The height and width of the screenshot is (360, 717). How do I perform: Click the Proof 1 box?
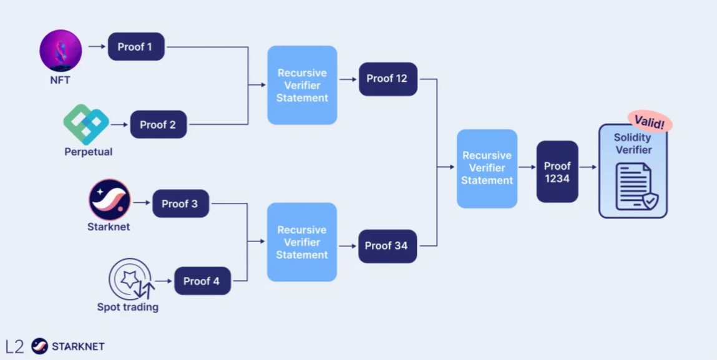tap(136, 47)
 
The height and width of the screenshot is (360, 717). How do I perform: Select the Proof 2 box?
tap(158, 125)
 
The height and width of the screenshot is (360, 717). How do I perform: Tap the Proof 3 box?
tap(180, 204)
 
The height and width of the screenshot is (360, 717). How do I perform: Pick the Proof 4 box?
tap(202, 281)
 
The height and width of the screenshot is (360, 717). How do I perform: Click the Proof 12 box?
tap(388, 79)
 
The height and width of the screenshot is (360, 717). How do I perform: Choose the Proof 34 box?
tap(387, 246)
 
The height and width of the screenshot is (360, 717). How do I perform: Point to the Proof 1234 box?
tap(557, 172)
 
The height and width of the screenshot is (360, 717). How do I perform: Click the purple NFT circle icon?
tap(61, 50)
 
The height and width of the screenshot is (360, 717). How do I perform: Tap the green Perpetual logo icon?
tap(86, 124)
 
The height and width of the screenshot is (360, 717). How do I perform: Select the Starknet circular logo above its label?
tap(109, 200)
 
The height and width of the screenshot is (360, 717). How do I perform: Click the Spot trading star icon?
tap(130, 280)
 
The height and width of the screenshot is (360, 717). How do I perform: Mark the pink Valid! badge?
tap(649, 122)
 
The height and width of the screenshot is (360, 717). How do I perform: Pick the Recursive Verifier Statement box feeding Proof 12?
tap(302, 85)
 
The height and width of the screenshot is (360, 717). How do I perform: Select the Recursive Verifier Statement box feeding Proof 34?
tap(302, 242)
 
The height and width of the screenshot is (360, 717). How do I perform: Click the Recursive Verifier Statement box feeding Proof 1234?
tap(487, 168)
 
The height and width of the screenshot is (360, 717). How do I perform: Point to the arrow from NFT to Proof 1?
tap(97, 47)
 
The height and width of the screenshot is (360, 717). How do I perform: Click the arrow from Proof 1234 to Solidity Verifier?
tap(588, 167)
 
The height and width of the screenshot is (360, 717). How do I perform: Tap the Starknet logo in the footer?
tap(40, 346)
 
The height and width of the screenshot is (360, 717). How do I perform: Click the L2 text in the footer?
tap(15, 346)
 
